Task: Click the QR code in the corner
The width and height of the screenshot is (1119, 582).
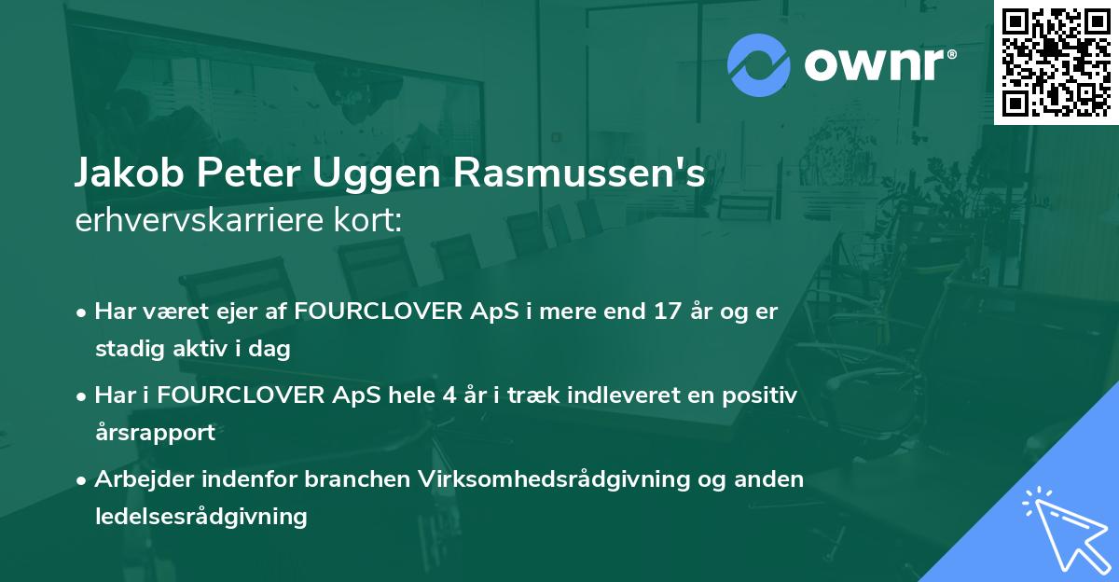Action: tap(1056, 62)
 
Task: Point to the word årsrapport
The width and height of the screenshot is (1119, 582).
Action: tap(155, 433)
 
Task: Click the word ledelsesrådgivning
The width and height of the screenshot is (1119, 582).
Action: tap(200, 516)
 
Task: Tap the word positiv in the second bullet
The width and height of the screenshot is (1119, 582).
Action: tap(764, 395)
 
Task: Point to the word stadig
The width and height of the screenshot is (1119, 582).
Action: tap(127, 350)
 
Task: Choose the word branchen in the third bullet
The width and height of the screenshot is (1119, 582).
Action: tap(356, 479)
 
